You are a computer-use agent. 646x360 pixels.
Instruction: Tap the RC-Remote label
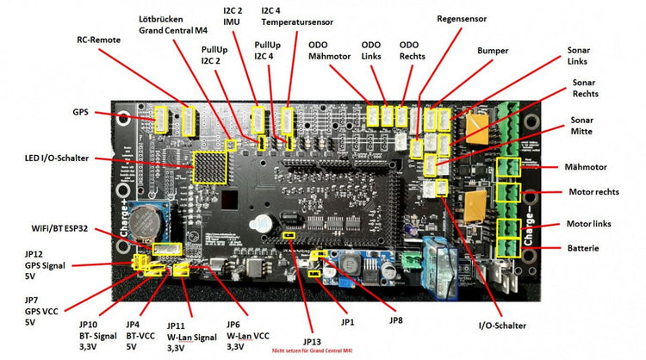coord(99,39)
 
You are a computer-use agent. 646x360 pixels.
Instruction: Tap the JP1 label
coord(347,322)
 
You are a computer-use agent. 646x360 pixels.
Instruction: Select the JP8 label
coord(395,321)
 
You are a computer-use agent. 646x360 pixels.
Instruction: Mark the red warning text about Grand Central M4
coord(311,351)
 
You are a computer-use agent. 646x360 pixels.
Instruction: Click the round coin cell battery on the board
coord(155,222)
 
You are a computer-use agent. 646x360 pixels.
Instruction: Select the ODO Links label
coord(370,51)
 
